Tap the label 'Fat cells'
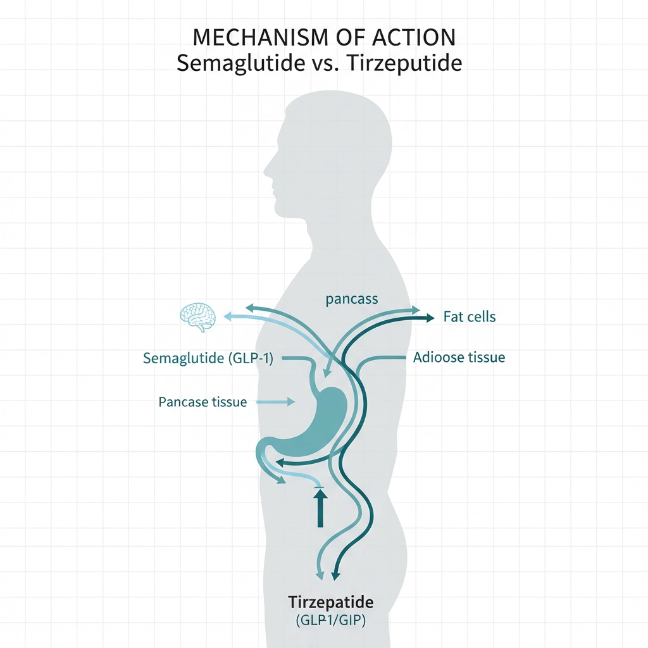pos(469,317)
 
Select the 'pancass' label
pos(352,299)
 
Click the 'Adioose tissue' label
pos(459,358)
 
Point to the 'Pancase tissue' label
pos(202,402)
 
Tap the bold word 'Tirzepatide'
pos(330,601)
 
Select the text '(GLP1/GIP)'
pos(330,620)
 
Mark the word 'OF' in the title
pos(346,38)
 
